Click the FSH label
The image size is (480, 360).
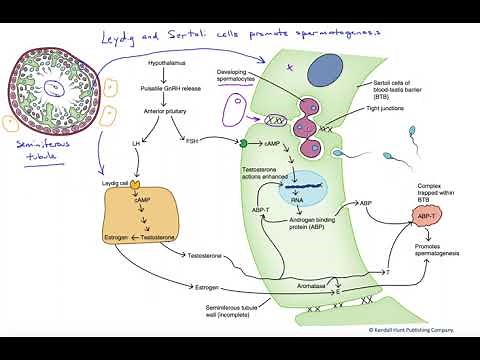coord(192,140)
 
